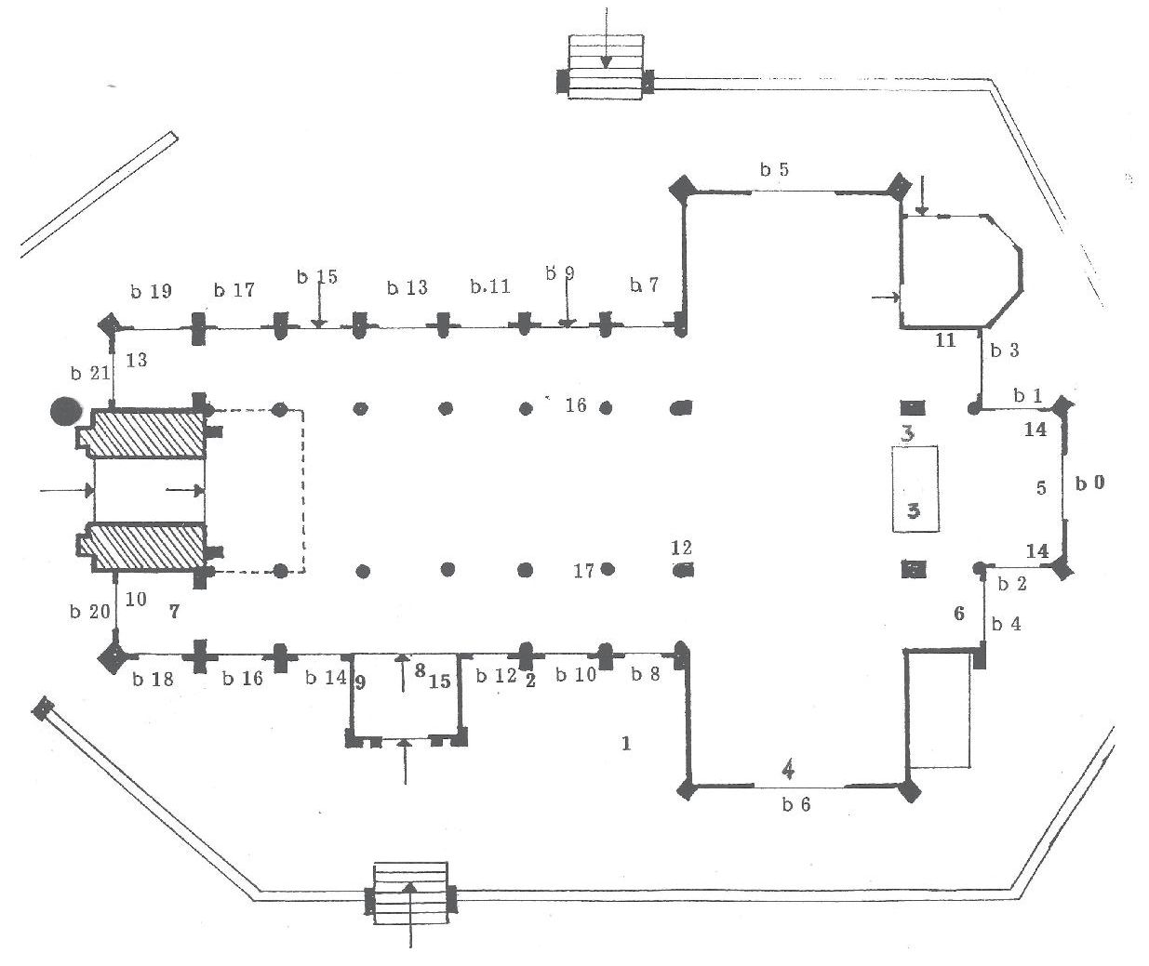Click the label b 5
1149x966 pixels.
[774, 170]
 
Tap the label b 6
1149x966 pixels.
[795, 804]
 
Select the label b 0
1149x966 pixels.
[1089, 483]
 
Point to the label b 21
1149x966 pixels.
[90, 374]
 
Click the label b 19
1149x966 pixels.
[151, 291]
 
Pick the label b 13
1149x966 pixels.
[407, 287]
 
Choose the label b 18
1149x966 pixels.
[152, 679]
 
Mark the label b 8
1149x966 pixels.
[645, 674]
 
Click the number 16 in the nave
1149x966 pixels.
[576, 404]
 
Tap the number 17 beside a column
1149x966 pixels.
[583, 571]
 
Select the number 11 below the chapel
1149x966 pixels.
[945, 341]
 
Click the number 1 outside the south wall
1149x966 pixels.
[626, 743]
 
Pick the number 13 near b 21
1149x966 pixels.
[137, 360]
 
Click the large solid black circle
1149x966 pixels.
[66, 411]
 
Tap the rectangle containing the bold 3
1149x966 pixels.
[915, 489]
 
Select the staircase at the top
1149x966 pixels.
[606, 67]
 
